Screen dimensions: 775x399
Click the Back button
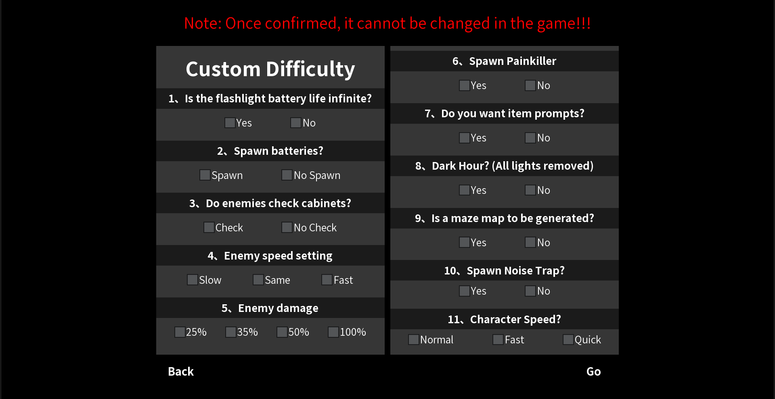[181, 371]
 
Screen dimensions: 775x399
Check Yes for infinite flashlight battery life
[230, 123]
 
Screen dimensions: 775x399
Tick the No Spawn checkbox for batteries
[287, 175]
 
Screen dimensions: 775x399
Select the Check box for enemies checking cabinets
[209, 227]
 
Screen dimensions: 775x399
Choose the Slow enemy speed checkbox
[193, 280]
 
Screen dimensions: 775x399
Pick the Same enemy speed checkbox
[258, 280]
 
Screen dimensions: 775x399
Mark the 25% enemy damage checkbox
[180, 332]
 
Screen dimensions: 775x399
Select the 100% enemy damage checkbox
[333, 332]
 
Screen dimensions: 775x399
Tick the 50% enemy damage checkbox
[282, 332]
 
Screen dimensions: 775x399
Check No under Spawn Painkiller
[530, 85]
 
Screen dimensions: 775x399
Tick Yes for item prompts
[465, 138]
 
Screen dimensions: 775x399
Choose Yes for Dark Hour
[465, 190]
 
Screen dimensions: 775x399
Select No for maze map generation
[530, 242]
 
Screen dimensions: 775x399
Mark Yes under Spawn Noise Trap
[465, 291]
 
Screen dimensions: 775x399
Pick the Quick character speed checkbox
[568, 340]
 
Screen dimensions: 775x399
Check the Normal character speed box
[414, 340]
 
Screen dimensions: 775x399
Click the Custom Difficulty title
[270, 69]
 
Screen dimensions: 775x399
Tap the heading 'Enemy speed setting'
[278, 256]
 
